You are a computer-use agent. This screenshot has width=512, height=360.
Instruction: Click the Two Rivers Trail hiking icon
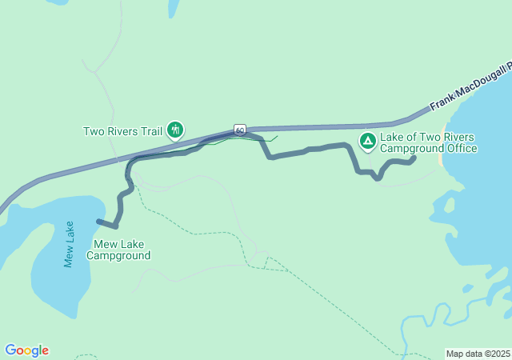175,130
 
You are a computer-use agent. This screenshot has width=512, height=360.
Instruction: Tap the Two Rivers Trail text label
122,130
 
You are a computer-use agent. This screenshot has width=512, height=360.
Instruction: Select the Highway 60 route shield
239,129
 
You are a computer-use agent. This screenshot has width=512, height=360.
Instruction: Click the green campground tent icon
367,142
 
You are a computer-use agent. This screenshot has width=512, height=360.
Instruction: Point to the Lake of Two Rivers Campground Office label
428,142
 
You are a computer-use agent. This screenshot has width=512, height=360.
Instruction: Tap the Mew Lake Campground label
122,250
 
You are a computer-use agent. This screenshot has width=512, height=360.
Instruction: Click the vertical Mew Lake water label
69,244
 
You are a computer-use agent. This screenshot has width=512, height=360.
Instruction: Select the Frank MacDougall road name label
469,89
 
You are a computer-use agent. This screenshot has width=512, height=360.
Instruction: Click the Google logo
26,350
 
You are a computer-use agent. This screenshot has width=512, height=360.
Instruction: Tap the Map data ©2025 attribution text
477,354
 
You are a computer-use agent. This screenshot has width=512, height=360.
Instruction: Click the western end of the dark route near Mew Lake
98,221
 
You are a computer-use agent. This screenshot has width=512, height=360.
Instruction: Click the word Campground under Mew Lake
122,256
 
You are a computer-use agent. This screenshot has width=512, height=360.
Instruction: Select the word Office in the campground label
461,148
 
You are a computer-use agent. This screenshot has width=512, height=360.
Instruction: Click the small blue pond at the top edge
173,7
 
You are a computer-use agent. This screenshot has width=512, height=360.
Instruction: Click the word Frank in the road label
443,100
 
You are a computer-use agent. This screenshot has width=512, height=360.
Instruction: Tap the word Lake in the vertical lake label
69,233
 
